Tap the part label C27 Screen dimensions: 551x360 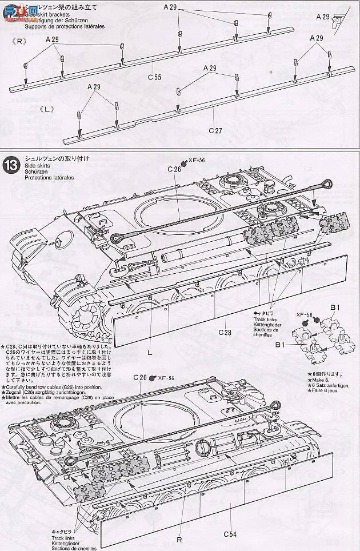[215, 130]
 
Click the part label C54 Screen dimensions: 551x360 [230, 534]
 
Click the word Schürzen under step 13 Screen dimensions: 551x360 [35, 171]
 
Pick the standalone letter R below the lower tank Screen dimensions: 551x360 [179, 537]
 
